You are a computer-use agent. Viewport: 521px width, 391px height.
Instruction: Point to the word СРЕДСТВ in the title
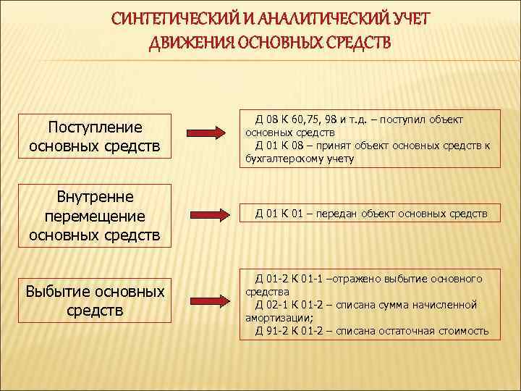pos(357,42)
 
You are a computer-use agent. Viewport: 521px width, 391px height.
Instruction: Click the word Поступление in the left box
pos(95,127)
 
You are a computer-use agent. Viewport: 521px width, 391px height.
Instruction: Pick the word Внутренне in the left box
pos(95,197)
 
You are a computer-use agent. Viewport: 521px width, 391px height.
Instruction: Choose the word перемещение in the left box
pos(95,216)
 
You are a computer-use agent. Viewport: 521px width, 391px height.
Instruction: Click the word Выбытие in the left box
pos(60,292)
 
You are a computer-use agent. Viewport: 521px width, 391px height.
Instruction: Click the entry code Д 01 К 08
pos(279,146)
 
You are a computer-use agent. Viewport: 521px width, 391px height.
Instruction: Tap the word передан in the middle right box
pos(335,214)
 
